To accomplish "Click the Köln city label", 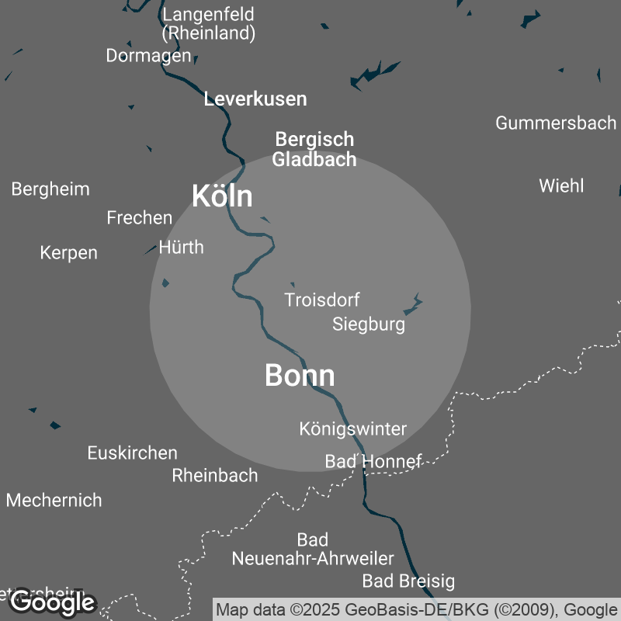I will click(222, 196).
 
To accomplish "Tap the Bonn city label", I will click(300, 376).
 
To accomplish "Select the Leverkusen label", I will click(255, 99).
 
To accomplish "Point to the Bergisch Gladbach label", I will click(314, 150).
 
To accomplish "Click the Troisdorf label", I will click(322, 300).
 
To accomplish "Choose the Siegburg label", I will click(369, 324).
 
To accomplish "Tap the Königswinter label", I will click(353, 428).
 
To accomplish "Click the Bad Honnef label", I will click(373, 462).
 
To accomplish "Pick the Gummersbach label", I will click(556, 123).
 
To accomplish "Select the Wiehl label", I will click(561, 186).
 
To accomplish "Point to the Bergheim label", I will click(50, 189).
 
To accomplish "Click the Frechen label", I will click(140, 218).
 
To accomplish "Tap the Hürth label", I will click(181, 248).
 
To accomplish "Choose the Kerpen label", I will click(69, 253).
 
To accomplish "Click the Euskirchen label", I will click(133, 453).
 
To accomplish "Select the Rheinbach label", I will click(215, 476).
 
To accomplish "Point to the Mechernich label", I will click(54, 501).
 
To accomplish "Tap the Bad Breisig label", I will click(408, 581).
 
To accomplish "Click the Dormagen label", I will click(148, 56).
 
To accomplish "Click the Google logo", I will click(53, 602).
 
